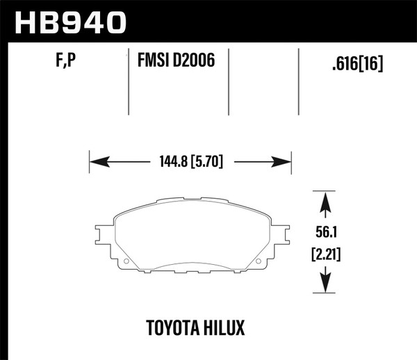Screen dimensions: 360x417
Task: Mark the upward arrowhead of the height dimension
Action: pyautogui.click(x=323, y=202)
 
